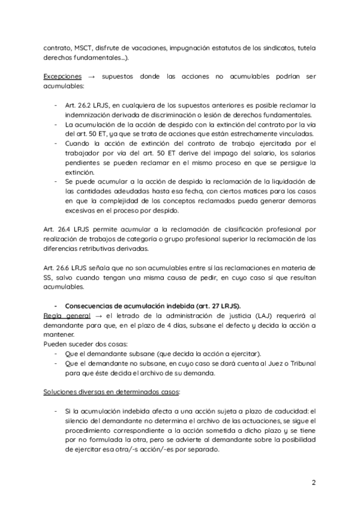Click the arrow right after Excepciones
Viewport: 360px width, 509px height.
91,77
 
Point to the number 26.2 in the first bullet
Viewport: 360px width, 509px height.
88,105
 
